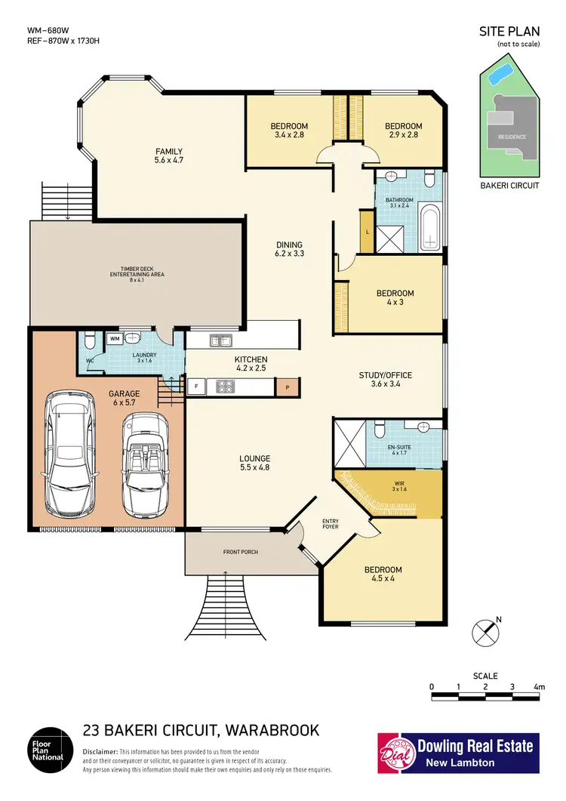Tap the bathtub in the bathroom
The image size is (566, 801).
429,229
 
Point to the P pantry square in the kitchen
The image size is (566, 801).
286,388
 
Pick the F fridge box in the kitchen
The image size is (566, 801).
195,387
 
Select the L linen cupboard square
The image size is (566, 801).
367,232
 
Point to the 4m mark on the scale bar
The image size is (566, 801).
538,686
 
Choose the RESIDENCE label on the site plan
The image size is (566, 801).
511,137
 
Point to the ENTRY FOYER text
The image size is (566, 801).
331,524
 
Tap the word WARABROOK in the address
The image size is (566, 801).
269,730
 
